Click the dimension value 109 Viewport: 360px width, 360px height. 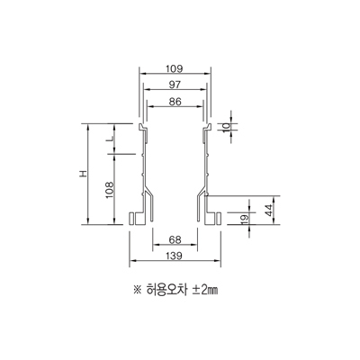pyautogui.click(x=175, y=68)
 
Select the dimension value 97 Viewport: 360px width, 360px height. pyautogui.click(x=175, y=85)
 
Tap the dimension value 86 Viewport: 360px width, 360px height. pyautogui.click(x=175, y=102)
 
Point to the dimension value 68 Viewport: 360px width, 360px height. pyautogui.click(x=175, y=239)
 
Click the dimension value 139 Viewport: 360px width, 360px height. pyautogui.click(x=174, y=256)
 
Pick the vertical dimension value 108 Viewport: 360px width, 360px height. pyautogui.click(x=109, y=189)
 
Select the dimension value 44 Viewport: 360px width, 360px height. pyautogui.click(x=269, y=211)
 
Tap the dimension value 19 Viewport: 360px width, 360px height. pyautogui.click(x=245, y=220)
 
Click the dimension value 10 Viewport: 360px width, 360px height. pyautogui.click(x=228, y=126)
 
